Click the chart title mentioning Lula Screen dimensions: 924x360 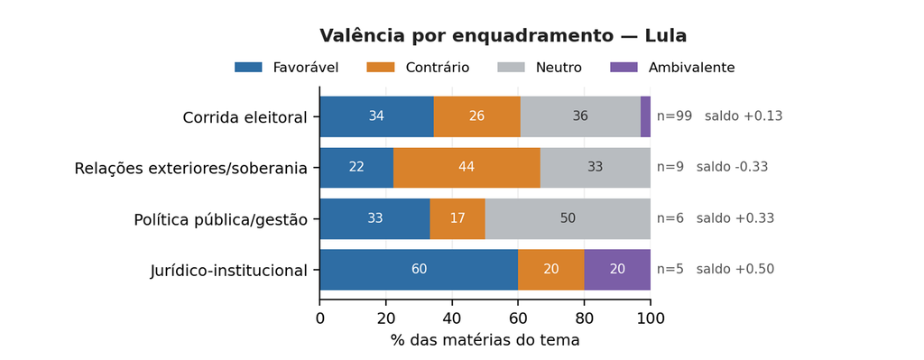pos(503,36)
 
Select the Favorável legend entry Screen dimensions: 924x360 pos(286,67)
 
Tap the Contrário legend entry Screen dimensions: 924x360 pos(418,67)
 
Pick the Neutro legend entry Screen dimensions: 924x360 pos(540,67)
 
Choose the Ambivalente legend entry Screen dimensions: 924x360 pos(671,67)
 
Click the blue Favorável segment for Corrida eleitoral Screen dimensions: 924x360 pos(376,116)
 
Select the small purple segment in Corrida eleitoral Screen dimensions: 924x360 pos(645,116)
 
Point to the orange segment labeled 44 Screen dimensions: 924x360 pos(467,167)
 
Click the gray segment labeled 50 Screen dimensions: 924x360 pos(568,218)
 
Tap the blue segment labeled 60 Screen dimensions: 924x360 pos(419,270)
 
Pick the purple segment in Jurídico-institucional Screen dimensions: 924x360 pos(617,270)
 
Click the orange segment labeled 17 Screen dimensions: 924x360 pos(457,218)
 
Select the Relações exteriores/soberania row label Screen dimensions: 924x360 pos(191,169)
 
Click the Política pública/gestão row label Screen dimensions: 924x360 pos(221,220)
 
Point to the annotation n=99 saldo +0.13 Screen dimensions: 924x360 pos(719,116)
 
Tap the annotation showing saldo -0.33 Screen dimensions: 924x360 pos(732,167)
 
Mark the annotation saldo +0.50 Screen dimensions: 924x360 pos(735,270)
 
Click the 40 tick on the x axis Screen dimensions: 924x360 pos(452,318)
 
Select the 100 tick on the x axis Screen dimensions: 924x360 pos(651,318)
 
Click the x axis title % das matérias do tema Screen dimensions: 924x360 pos(485,340)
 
